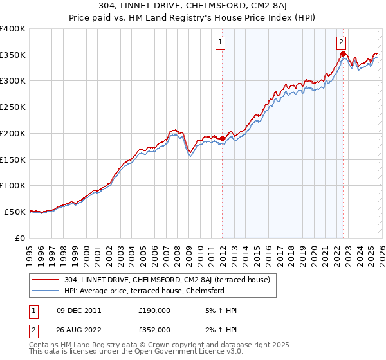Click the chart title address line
[193, 7]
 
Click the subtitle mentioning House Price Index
[193, 18]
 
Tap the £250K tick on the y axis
[13, 107]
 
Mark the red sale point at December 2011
[222, 138]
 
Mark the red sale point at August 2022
[343, 54]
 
